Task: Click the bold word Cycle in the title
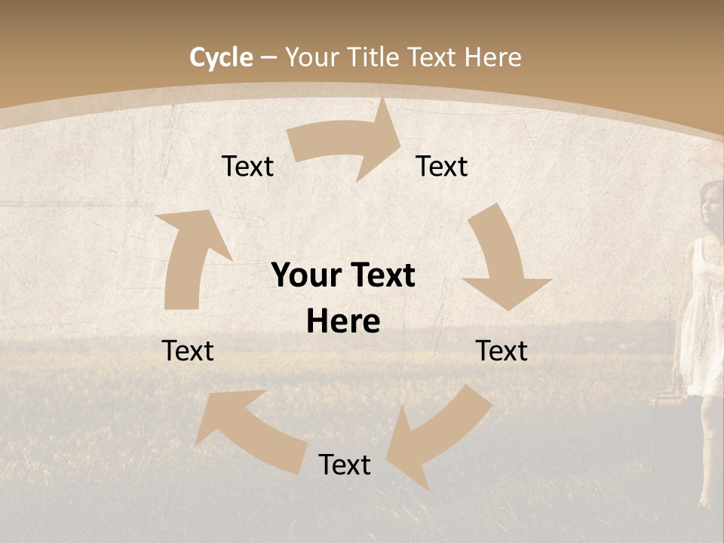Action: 221,57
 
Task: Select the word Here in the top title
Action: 492,57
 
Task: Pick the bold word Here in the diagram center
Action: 343,322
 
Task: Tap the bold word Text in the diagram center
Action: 379,275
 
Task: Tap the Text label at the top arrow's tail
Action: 247,166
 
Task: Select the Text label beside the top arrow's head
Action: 442,166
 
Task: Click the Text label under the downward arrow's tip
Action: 502,351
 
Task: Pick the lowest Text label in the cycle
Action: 345,465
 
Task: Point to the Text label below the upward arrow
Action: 189,351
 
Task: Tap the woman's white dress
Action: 701,324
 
